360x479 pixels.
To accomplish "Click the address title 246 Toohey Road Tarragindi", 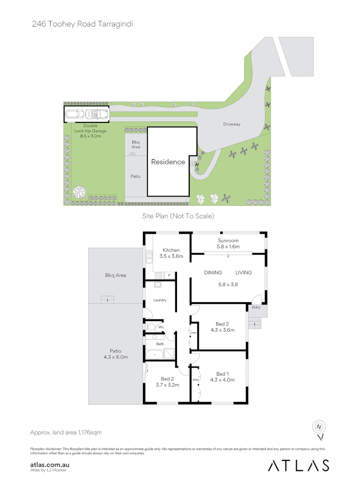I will point(82,24).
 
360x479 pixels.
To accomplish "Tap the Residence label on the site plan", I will point(168,162).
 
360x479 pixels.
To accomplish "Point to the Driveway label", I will point(232,124).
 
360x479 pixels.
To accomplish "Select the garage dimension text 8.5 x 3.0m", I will point(87,136).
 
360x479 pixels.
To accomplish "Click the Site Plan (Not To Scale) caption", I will point(178,216).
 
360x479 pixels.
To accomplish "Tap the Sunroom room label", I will point(228,241).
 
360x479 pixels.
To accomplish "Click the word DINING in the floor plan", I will point(213,272).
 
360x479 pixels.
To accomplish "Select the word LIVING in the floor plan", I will point(243,272).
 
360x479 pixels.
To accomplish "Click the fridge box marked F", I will point(169,276).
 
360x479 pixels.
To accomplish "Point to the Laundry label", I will point(160,300).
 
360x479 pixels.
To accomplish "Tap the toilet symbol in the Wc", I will point(151,327).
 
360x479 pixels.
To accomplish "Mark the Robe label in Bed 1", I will point(195,380).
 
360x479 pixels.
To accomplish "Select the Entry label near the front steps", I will point(257,307).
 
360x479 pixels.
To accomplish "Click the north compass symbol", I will point(319,428).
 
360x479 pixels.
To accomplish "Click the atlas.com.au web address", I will point(50,465).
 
